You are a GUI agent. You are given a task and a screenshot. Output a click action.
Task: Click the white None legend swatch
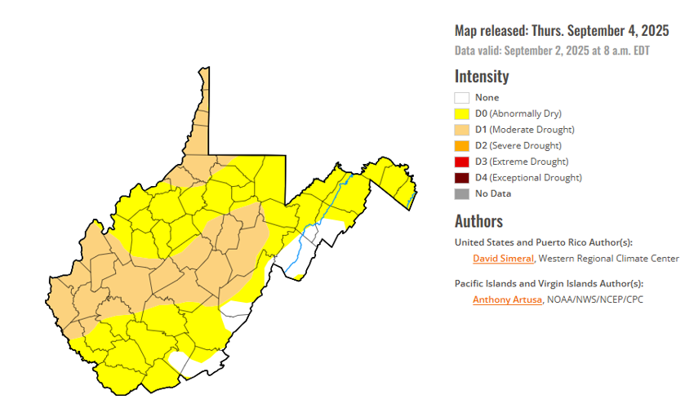pyautogui.click(x=462, y=98)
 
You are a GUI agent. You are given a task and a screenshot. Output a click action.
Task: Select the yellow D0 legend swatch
pyautogui.click(x=462, y=113)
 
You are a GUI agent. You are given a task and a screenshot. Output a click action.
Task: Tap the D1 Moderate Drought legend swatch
pyautogui.click(x=462, y=130)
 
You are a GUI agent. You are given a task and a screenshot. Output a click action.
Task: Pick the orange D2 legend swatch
pyautogui.click(x=462, y=145)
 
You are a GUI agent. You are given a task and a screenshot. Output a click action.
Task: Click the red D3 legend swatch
pyautogui.click(x=462, y=162)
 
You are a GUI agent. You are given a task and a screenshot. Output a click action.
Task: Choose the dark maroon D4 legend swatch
pyautogui.click(x=462, y=177)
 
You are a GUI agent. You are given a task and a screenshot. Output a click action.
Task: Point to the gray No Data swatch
pyautogui.click(x=462, y=193)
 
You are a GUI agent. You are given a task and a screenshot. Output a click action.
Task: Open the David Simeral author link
pyautogui.click(x=503, y=259)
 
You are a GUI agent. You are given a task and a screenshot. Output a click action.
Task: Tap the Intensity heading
pyautogui.click(x=482, y=76)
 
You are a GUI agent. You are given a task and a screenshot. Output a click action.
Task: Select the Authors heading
pyautogui.click(x=478, y=221)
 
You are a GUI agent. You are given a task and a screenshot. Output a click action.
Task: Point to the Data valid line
pyautogui.click(x=553, y=51)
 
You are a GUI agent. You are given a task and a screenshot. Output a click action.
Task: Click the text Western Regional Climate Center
pyautogui.click(x=609, y=259)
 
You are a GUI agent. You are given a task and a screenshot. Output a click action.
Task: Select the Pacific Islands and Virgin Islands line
pyautogui.click(x=549, y=283)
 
